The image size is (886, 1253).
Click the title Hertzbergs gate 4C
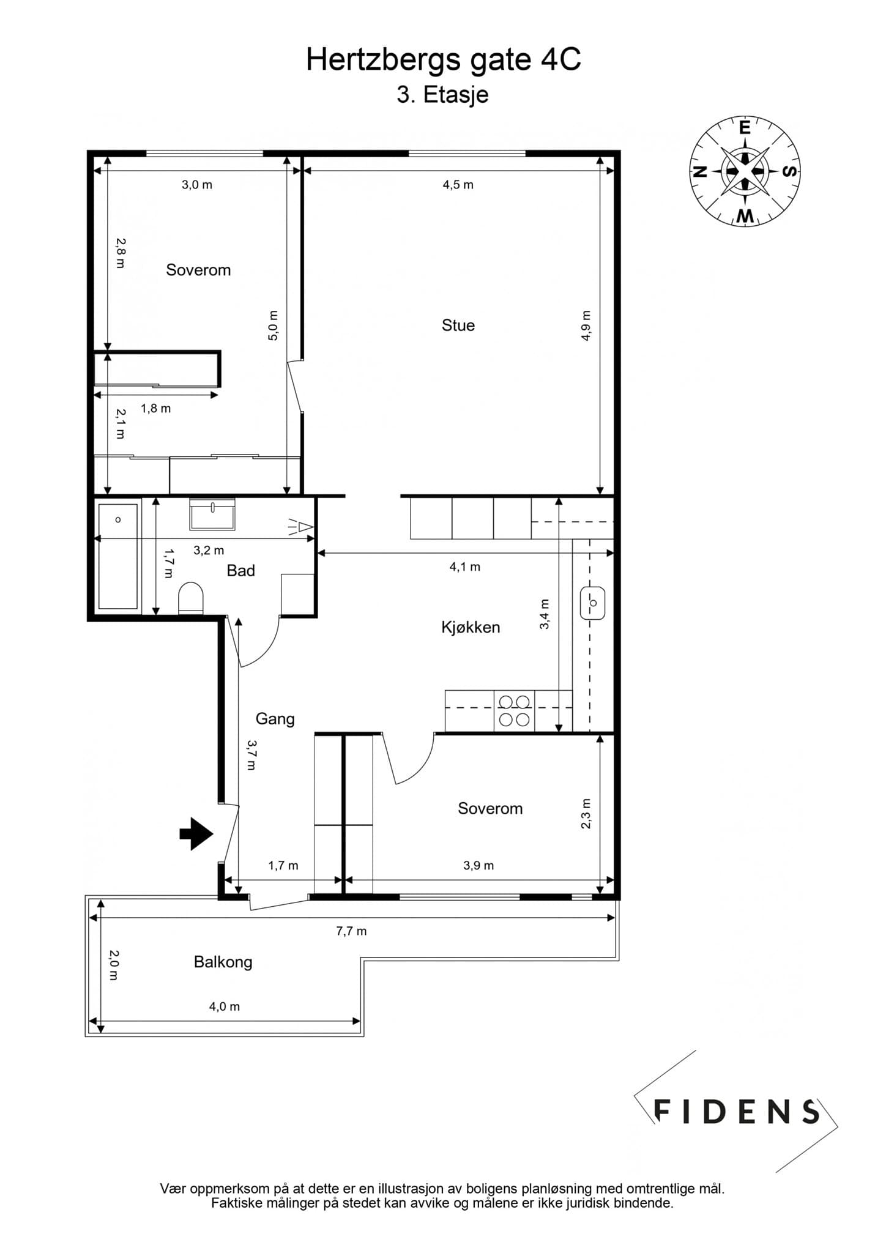click(x=443, y=61)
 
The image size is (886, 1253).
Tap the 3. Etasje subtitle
click(x=442, y=95)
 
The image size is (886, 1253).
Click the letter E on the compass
click(x=745, y=128)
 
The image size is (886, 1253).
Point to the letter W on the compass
click(x=745, y=215)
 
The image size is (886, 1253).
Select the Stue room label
click(x=458, y=325)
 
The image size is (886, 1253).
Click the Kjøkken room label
click(x=471, y=627)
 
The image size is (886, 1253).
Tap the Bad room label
click(x=240, y=570)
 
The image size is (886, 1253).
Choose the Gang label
click(x=275, y=719)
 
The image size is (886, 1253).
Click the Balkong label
click(x=223, y=962)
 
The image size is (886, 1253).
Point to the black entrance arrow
click(x=196, y=833)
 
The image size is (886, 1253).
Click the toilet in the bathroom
click(x=190, y=598)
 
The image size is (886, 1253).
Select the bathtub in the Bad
click(x=118, y=557)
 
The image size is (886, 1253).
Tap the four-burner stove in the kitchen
click(x=514, y=711)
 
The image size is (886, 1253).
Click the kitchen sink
click(x=592, y=603)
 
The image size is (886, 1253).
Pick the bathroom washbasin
click(x=212, y=514)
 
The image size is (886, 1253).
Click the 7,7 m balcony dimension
click(x=351, y=931)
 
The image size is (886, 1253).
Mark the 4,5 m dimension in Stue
click(x=458, y=185)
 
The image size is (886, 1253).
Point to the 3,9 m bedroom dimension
click(x=478, y=866)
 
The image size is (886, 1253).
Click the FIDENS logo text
click(x=737, y=1112)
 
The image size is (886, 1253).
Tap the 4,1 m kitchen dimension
click(x=465, y=567)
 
